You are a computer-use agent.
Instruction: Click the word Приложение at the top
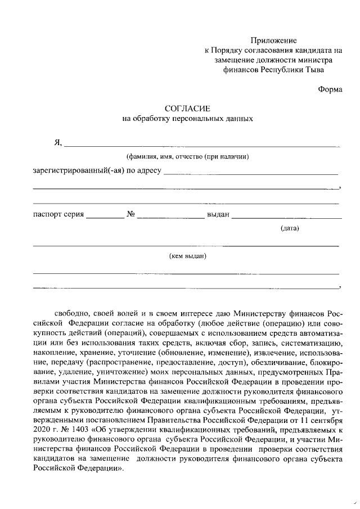(x=273, y=40)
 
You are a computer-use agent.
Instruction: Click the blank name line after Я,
(x=202, y=146)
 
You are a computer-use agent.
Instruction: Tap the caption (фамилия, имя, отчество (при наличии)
(x=187, y=156)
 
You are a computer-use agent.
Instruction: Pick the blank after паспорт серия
(x=105, y=217)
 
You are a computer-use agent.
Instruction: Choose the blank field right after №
(x=170, y=217)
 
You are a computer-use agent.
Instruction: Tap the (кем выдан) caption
(x=187, y=256)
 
